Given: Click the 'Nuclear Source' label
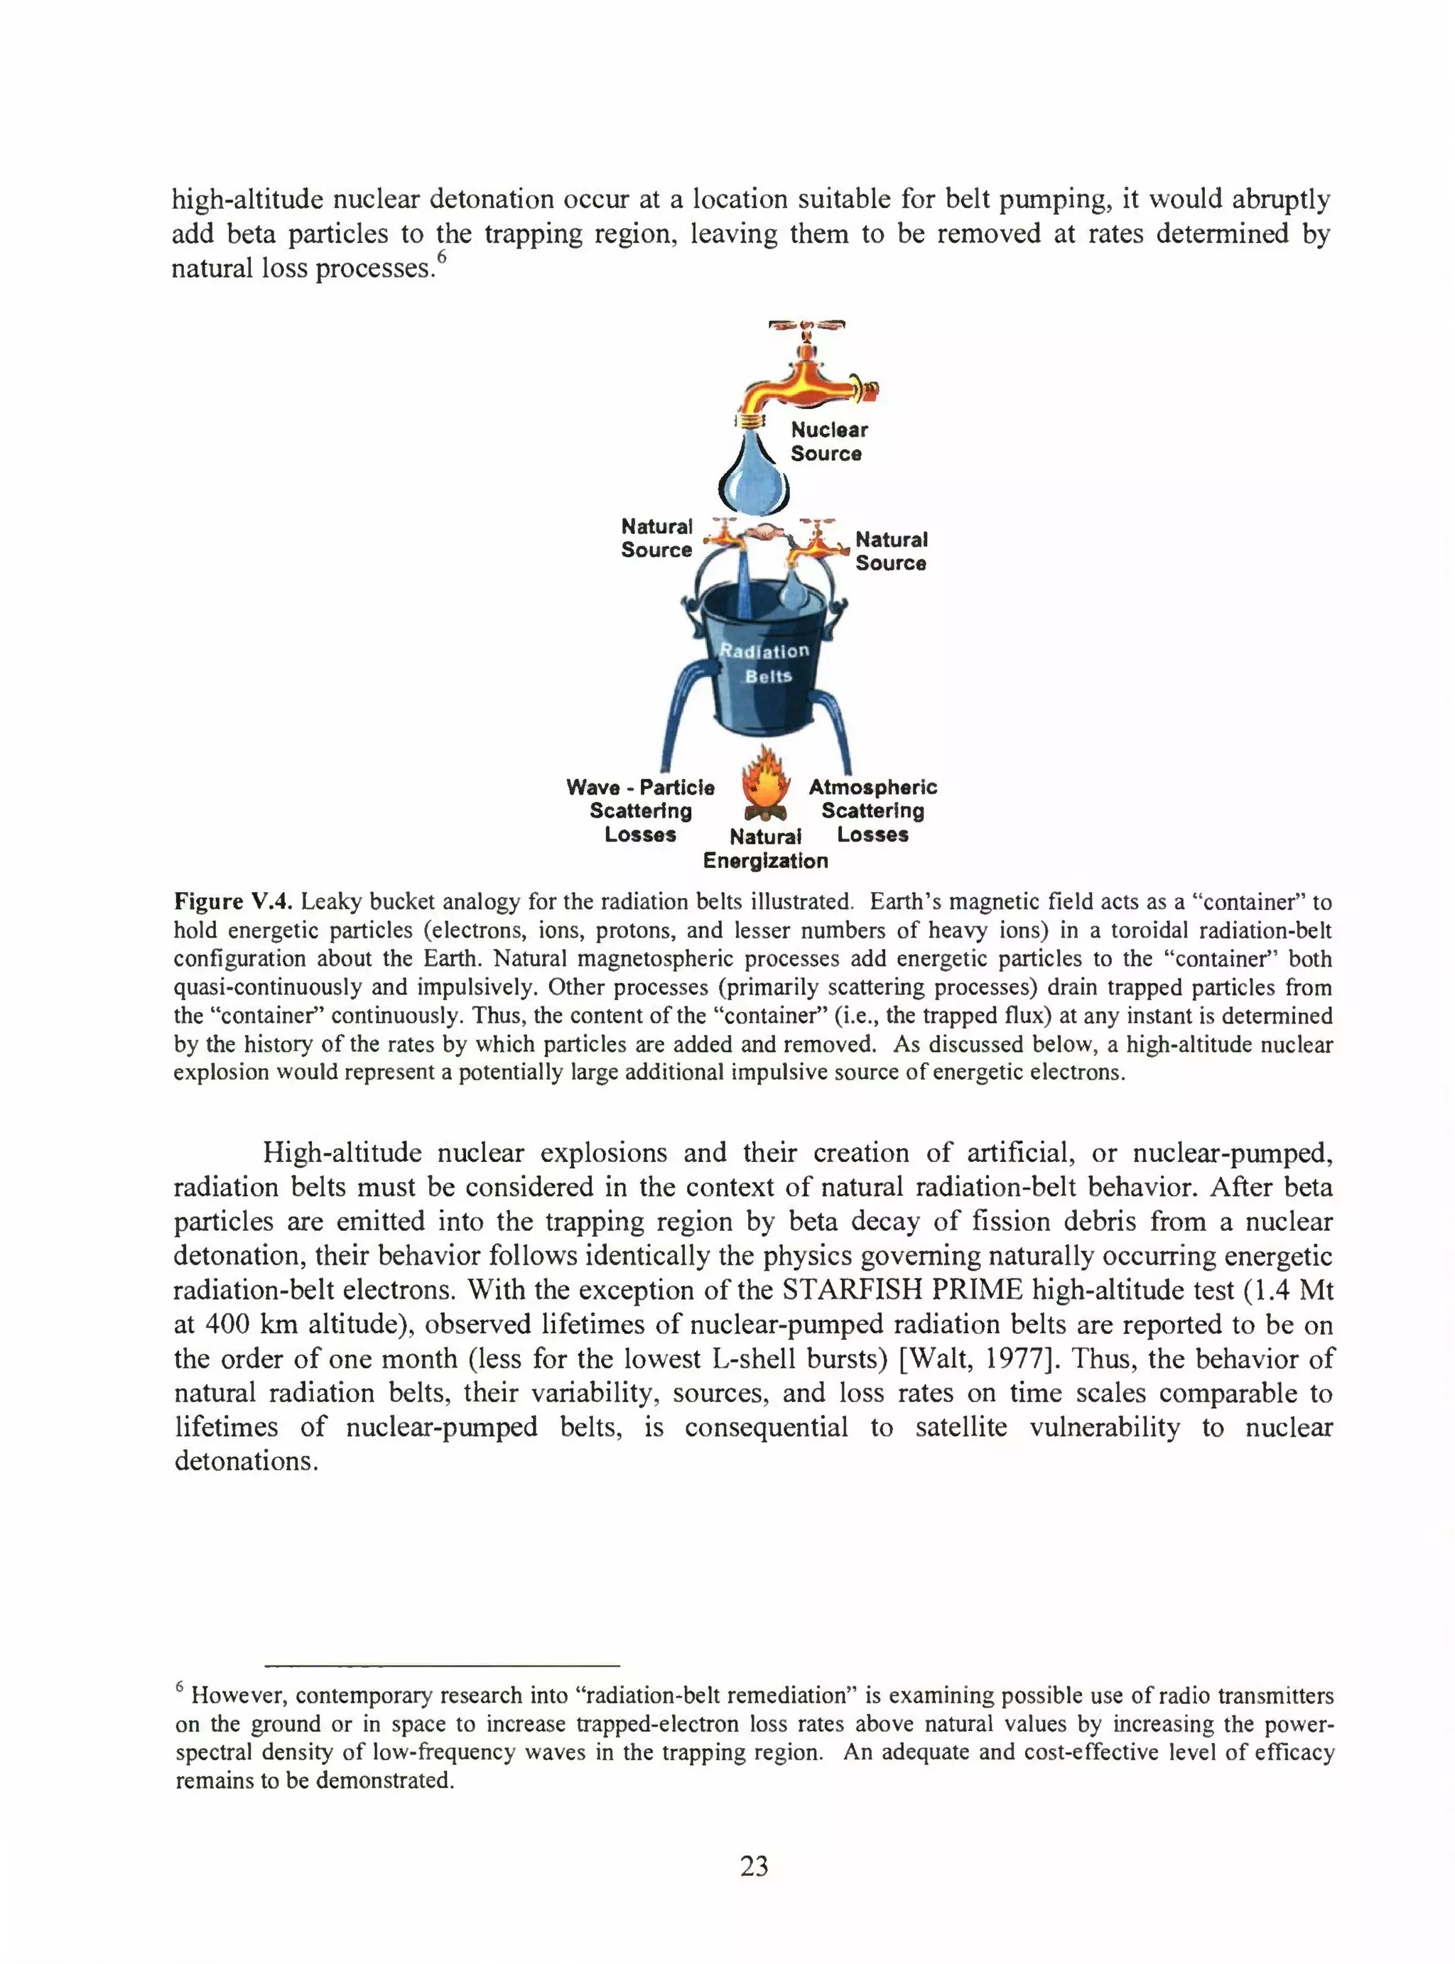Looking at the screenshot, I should [828, 442].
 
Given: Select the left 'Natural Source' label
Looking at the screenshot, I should [656, 538].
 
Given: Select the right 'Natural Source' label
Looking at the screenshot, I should [890, 551].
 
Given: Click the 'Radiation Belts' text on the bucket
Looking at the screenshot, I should [765, 663].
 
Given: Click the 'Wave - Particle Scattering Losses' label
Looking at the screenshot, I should [640, 810].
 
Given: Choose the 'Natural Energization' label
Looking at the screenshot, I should [765, 849].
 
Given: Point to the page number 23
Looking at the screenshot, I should [754, 1866].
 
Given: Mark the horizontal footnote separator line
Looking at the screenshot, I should [443, 1666].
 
